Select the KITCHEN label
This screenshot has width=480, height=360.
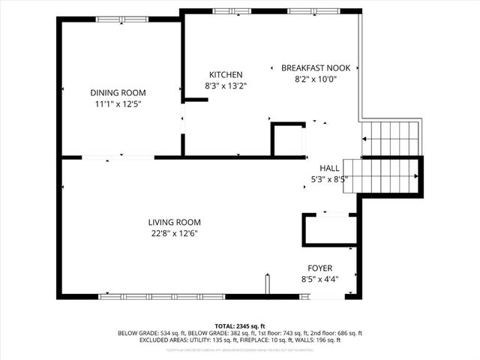point(225,74)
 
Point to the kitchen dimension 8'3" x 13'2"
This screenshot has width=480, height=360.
point(225,85)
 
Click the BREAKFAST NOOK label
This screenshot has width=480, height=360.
point(316,67)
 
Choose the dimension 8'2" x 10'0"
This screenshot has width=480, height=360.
point(316,79)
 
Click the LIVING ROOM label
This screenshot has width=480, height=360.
point(174,222)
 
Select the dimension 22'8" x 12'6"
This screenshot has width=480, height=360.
point(174,233)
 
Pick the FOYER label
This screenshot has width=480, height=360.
point(320,268)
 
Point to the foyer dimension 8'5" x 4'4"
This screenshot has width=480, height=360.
point(320,279)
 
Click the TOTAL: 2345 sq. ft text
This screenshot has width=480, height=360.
point(240,326)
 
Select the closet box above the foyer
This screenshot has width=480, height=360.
point(329,230)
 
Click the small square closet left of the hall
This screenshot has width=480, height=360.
point(288,140)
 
